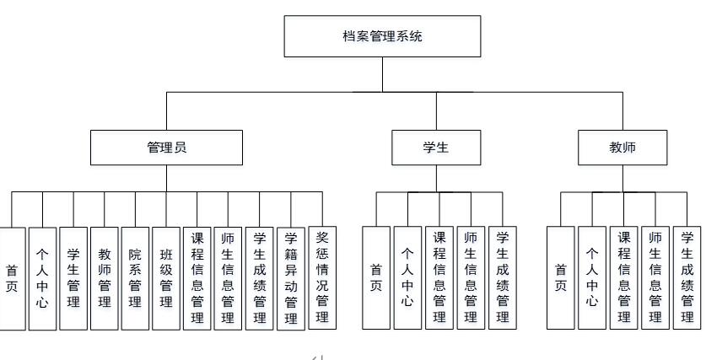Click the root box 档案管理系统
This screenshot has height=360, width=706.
pyautogui.click(x=383, y=37)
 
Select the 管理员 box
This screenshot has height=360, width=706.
pyautogui.click(x=166, y=148)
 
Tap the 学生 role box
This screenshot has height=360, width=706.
pyautogui.click(x=436, y=148)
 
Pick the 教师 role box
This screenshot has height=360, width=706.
pyautogui.click(x=622, y=148)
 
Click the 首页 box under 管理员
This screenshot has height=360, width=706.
pyautogui.click(x=12, y=278)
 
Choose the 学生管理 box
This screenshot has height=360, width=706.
pyautogui.click(x=73, y=278)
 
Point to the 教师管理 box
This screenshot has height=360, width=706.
pyautogui.click(x=105, y=278)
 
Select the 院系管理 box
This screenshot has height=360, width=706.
pyautogui.click(x=135, y=278)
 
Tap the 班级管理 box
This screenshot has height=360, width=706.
pyautogui.click(x=166, y=278)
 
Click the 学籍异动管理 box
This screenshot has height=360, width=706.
pyautogui.click(x=290, y=278)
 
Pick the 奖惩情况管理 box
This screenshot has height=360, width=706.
pyautogui.click(x=321, y=278)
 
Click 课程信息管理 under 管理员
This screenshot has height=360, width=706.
pyautogui.click(x=197, y=278)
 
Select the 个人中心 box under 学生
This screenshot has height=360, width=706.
pyautogui.click(x=407, y=278)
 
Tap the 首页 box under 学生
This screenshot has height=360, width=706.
pyautogui.click(x=376, y=278)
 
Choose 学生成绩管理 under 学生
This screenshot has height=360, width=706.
pyautogui.click(x=503, y=278)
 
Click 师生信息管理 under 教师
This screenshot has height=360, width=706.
pyautogui.click(x=655, y=278)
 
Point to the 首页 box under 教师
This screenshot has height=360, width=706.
pyautogui.click(x=561, y=278)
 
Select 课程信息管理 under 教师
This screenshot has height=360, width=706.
pyautogui.click(x=624, y=278)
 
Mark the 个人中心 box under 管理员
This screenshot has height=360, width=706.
pyautogui.click(x=42, y=278)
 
